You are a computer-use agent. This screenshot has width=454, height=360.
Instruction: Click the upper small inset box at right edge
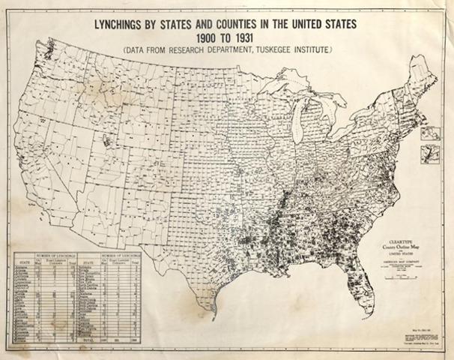[431, 133]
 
